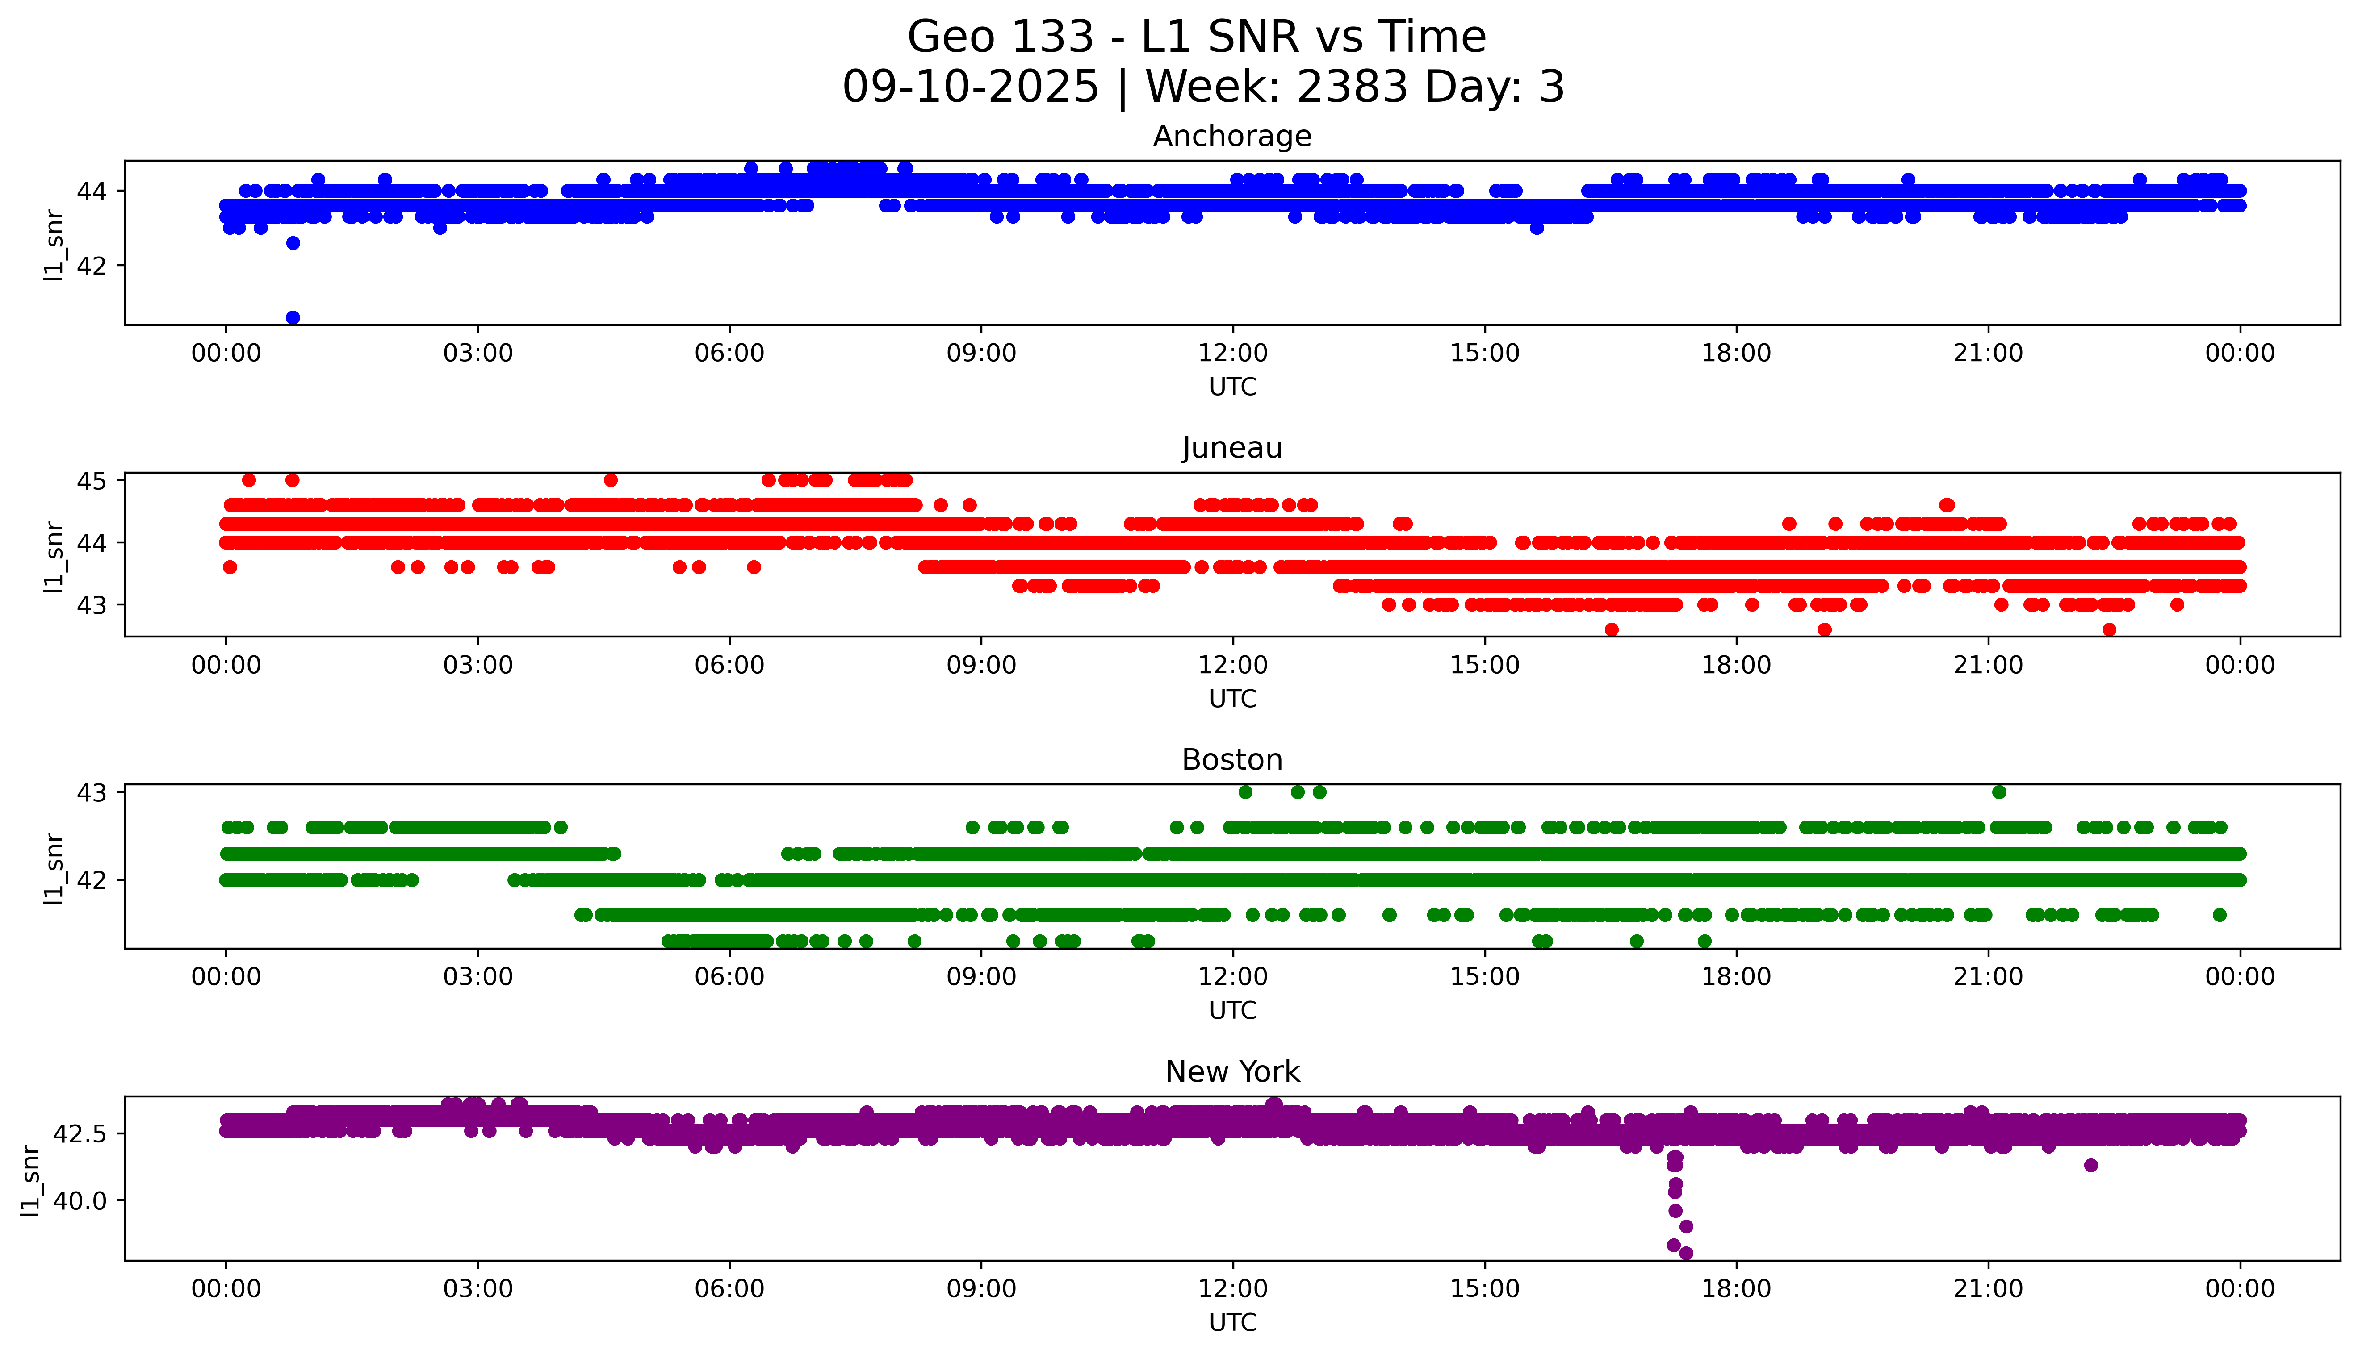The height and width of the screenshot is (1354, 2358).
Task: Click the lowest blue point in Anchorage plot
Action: click(293, 317)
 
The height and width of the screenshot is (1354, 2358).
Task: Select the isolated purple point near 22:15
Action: click(2091, 1165)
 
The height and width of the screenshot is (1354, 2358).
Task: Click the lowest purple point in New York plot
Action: click(1685, 1253)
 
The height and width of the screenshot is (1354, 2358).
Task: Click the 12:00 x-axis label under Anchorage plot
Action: click(1232, 354)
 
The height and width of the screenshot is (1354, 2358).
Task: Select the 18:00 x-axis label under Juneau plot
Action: click(1736, 665)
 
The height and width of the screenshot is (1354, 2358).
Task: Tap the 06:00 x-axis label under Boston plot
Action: click(729, 976)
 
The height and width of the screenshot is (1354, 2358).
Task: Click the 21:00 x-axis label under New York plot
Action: click(1988, 1289)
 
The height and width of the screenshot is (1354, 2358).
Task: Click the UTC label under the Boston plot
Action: click(1232, 1010)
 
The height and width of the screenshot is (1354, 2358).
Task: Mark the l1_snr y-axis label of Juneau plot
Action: click(54, 556)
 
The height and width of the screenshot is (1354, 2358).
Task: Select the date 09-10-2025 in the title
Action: click(970, 87)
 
